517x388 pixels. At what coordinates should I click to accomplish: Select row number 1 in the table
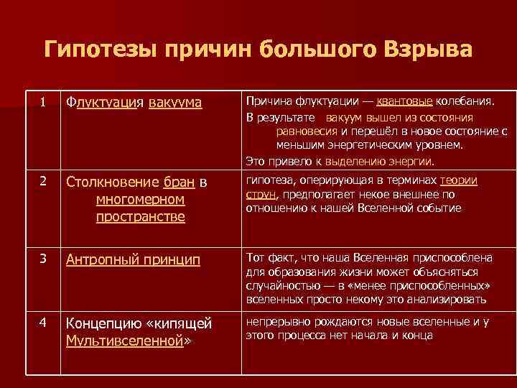point(43,103)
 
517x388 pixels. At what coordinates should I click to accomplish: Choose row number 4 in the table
point(43,323)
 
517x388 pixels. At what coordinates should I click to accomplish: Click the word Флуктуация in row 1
point(106,103)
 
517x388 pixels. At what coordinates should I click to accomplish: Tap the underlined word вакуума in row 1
point(176,103)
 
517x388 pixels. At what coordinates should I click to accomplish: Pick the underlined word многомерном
point(140,199)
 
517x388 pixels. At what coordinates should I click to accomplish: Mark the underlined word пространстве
point(140,216)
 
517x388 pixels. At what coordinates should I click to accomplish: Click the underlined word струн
point(260,194)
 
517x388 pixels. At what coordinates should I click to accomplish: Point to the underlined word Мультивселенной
point(124,340)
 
